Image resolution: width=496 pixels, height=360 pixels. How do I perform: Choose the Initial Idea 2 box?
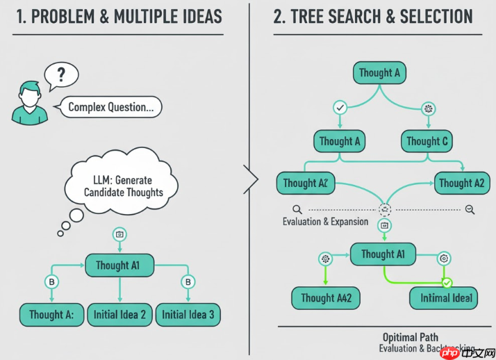(119, 315)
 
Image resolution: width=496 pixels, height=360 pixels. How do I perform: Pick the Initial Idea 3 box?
(188, 315)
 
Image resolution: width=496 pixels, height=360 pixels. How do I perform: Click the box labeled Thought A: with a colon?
(51, 315)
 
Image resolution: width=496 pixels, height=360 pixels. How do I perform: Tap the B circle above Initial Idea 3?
(188, 282)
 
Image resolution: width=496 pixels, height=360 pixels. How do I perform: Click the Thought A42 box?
(326, 298)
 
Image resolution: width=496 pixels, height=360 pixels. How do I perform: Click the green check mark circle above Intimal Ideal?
(447, 283)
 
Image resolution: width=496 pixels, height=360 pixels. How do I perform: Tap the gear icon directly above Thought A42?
(324, 259)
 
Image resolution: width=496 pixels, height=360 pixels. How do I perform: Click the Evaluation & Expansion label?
(325, 222)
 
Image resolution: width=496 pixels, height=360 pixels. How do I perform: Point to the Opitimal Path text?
(410, 338)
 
